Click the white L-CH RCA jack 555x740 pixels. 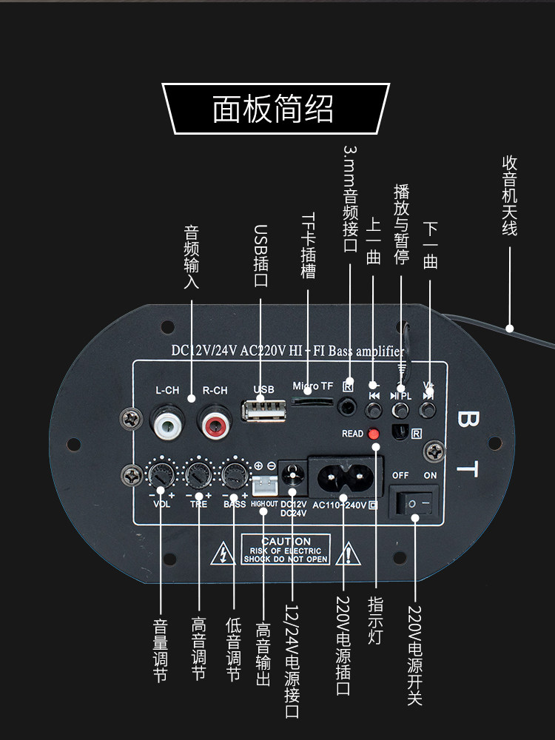[x=166, y=425]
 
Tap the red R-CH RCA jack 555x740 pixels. [x=215, y=425]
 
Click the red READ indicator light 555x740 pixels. [x=373, y=434]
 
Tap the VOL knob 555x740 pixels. [x=161, y=473]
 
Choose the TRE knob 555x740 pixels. [x=198, y=473]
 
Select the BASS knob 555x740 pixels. [x=234, y=473]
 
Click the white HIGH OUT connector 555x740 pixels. [x=263, y=485]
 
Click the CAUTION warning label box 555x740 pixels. [x=286, y=551]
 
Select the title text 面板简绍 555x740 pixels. [x=273, y=109]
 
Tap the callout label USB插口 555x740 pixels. [x=260, y=256]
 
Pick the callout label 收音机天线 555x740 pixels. [x=510, y=195]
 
